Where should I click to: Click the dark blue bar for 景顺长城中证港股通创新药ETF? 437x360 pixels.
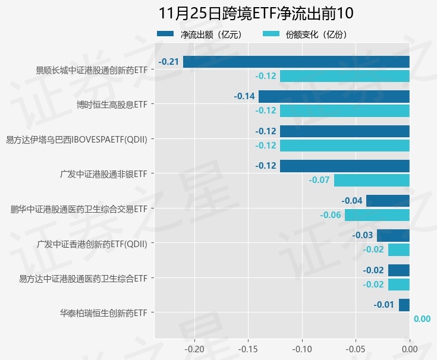click(296, 62)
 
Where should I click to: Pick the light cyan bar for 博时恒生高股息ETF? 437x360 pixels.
click(344, 110)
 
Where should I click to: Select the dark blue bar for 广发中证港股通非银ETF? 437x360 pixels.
click(344, 166)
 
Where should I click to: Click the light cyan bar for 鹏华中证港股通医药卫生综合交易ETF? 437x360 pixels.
click(377, 214)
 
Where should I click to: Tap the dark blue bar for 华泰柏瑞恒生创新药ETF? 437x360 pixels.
click(404, 305)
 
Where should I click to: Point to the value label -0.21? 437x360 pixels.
click(169, 62)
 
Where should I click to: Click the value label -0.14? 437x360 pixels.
click(244, 96)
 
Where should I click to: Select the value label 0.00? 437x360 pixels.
click(422, 319)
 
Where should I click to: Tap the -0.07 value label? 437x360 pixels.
click(319, 180)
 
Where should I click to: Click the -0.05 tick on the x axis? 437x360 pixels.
click(356, 348)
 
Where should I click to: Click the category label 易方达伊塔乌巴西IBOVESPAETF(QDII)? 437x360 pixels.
click(76, 140)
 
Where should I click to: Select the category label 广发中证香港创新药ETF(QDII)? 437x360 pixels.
click(92, 244)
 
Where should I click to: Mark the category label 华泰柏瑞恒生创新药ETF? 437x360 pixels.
click(103, 312)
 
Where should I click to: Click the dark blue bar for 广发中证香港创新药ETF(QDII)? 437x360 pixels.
click(393, 235)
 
